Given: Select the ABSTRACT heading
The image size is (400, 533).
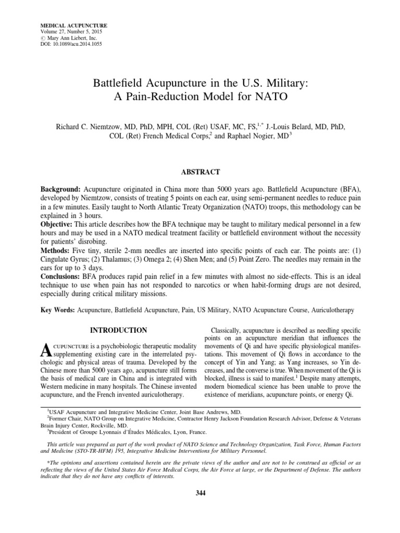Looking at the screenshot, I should tap(199, 171).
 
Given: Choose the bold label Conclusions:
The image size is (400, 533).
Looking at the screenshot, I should tap(60, 277).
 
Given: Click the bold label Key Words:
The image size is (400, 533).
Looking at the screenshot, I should tap(57, 310).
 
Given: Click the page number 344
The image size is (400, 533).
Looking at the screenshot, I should tap(199, 493).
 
